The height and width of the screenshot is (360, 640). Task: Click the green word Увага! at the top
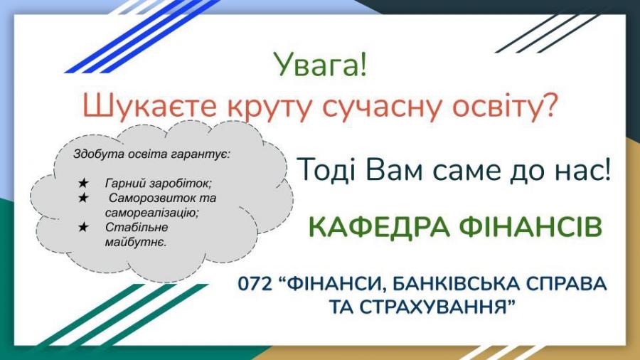320,65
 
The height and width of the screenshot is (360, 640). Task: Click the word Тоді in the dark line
327,170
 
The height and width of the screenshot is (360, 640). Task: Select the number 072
255,284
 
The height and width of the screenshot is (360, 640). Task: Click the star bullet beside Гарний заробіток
83,184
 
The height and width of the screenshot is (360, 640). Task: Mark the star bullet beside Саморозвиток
83,198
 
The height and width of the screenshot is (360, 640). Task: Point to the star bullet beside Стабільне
83,227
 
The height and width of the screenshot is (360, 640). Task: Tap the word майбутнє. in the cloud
136,242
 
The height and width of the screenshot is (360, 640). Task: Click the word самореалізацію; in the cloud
152,213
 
